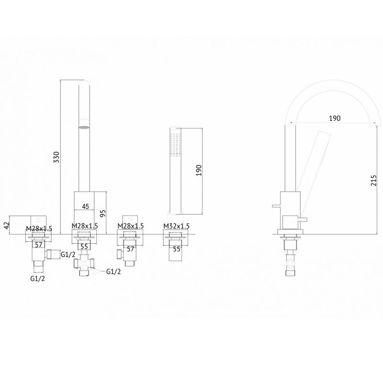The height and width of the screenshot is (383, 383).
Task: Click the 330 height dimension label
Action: (56, 158)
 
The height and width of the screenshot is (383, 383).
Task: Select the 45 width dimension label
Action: (85, 206)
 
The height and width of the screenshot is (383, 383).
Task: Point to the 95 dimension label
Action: (103, 214)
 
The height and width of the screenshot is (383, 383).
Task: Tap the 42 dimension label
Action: (7, 224)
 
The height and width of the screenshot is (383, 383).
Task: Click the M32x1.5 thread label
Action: (176, 226)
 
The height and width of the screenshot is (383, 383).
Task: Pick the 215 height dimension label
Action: (374, 180)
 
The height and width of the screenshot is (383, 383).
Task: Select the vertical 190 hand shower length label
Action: (199, 170)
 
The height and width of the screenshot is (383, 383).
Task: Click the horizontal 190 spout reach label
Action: (335, 118)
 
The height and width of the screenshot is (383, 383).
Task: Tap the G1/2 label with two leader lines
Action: (113, 271)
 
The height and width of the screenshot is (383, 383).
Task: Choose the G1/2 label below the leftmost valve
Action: (38, 278)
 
